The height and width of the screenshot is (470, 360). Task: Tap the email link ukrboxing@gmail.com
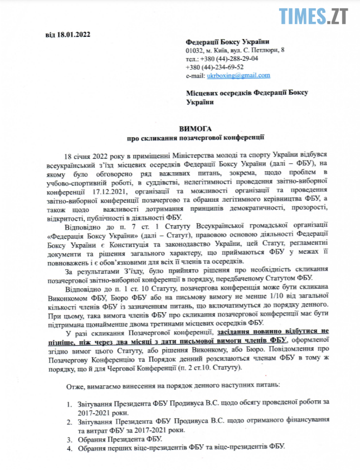[238, 75]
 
